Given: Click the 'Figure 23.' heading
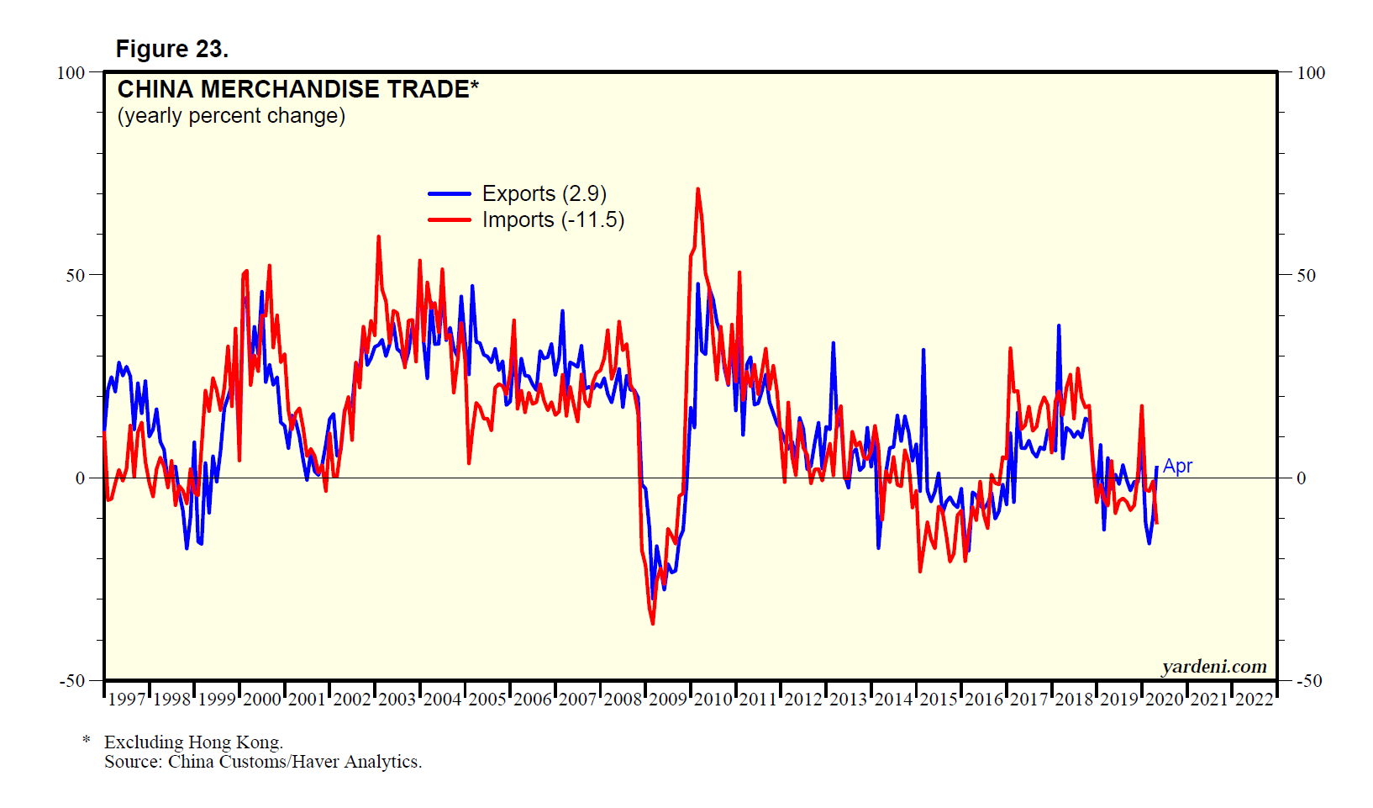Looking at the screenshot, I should point(171,49).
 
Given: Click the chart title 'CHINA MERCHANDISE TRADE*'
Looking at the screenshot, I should point(297,89).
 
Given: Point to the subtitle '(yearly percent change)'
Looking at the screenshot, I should point(231,115).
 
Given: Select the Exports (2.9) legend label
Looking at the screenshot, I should point(544,193).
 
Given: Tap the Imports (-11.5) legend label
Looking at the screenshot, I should point(553,219).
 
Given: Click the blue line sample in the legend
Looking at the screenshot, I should point(450,193).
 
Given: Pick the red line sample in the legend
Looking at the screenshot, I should point(450,219).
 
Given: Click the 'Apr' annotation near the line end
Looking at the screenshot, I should point(1177,466).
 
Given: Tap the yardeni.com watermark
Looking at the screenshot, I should point(1214,667).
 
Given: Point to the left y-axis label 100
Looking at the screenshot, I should point(71,73).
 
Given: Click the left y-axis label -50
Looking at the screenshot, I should point(73,681).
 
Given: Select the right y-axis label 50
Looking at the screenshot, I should point(1306,276).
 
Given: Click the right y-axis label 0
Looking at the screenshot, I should point(1301,478).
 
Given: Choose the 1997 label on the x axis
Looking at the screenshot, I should point(127,700).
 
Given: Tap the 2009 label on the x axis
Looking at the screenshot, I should point(668,700).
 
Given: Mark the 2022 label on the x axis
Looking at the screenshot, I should point(1255,700).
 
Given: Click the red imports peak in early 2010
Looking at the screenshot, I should point(697,190).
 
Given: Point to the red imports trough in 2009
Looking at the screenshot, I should point(653,623).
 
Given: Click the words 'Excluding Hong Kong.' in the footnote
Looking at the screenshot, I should point(193,742).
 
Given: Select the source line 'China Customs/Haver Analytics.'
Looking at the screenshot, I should point(294,762).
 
